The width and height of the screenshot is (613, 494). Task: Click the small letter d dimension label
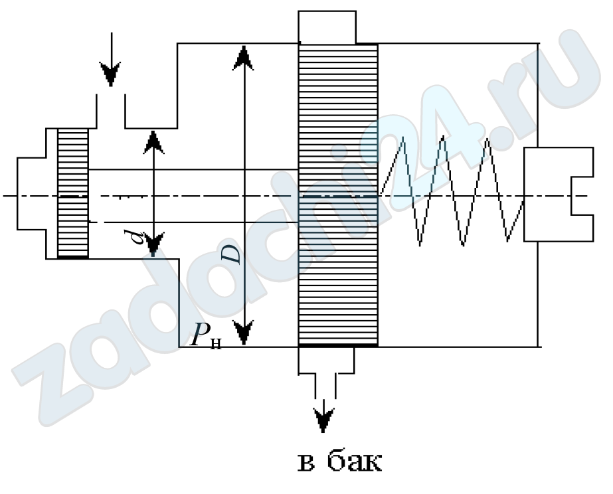click(x=139, y=234)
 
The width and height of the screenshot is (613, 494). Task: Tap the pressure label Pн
click(x=205, y=338)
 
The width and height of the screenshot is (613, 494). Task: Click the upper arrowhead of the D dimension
click(x=245, y=57)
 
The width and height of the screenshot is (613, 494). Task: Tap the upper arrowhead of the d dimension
click(x=153, y=141)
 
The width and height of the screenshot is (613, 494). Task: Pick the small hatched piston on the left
click(x=72, y=193)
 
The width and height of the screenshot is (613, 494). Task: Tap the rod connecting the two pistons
click(x=193, y=195)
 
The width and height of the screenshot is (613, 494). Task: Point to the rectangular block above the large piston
click(x=327, y=27)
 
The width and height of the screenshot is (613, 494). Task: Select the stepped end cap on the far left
click(x=31, y=194)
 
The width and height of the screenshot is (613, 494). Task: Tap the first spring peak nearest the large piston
click(x=402, y=139)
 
